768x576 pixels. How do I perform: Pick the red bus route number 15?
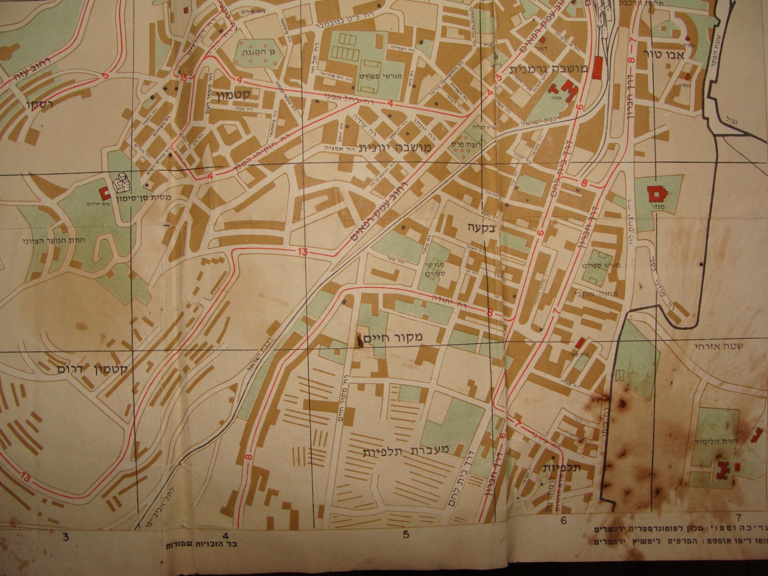(x=183, y=79)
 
